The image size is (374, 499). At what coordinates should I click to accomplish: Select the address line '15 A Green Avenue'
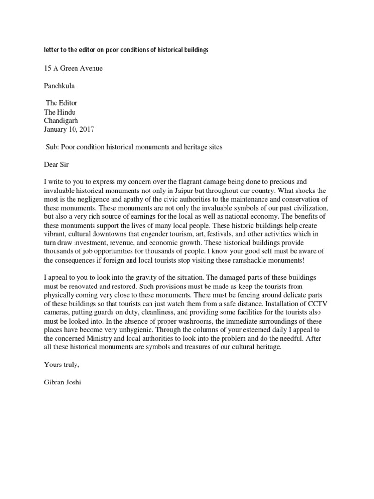click(73, 68)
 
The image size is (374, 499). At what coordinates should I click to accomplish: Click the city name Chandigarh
click(61, 120)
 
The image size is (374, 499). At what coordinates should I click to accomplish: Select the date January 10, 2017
click(69, 129)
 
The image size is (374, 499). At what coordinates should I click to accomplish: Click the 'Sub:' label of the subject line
click(52, 147)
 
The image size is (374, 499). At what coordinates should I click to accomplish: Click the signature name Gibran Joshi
click(62, 383)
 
